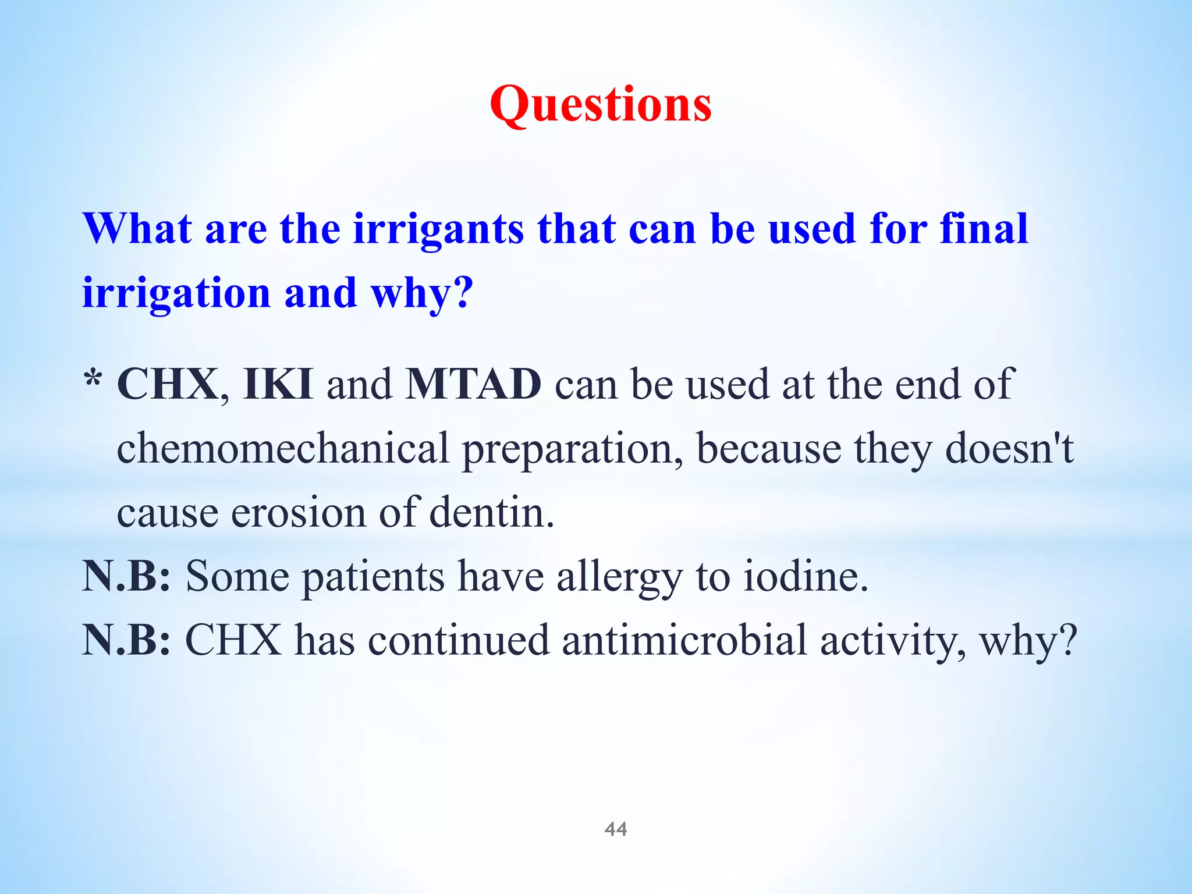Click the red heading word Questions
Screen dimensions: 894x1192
pos(600,105)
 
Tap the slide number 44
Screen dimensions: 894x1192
pos(616,829)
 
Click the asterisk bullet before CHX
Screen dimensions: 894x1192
pos(93,381)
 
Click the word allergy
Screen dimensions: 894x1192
pos(619,577)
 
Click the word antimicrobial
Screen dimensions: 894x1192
pos(684,640)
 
